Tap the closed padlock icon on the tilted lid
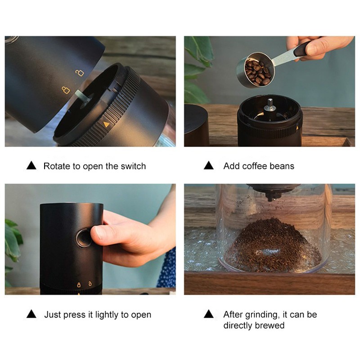click(66, 90)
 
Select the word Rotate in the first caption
click(56, 166)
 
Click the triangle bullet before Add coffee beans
click(208, 166)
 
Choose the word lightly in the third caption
click(101, 315)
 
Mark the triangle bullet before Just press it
click(31, 314)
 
